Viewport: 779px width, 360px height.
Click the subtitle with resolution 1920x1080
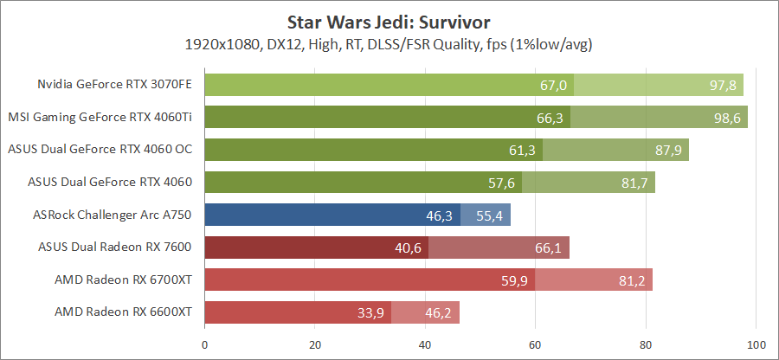click(389, 43)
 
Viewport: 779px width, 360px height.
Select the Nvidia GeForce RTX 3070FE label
click(114, 85)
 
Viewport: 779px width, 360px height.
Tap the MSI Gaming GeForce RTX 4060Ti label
click(100, 117)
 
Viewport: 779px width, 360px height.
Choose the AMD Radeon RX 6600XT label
click(123, 312)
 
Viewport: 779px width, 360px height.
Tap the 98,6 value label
click(727, 118)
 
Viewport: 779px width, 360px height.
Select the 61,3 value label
click(522, 150)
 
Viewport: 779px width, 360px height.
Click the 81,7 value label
click(634, 183)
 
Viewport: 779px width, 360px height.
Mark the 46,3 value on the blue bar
click(440, 215)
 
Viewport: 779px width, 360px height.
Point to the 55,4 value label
click(490, 215)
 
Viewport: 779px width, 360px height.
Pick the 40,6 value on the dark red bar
click(409, 247)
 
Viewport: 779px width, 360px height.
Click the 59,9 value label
click(515, 280)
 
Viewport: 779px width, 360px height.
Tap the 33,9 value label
click(371, 312)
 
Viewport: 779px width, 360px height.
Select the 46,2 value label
click(439, 312)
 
